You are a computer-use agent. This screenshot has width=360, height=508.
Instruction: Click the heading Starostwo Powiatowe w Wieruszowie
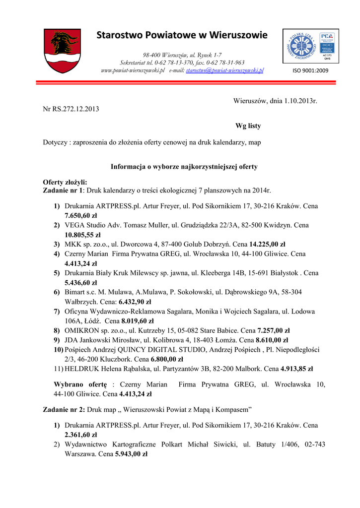click(x=182, y=35)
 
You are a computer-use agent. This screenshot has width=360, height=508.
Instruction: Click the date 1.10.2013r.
click(x=300, y=101)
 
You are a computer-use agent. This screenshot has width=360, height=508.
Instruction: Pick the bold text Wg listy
click(x=248, y=126)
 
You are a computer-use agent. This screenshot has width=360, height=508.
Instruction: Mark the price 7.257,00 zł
click(x=274, y=330)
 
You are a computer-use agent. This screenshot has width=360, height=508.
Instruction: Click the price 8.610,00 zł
click(x=272, y=340)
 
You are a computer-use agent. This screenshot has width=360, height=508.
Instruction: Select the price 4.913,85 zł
click(x=296, y=369)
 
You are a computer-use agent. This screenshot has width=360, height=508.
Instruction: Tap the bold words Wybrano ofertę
click(x=80, y=384)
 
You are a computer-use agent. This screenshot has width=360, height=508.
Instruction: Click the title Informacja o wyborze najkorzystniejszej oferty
click(x=184, y=167)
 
